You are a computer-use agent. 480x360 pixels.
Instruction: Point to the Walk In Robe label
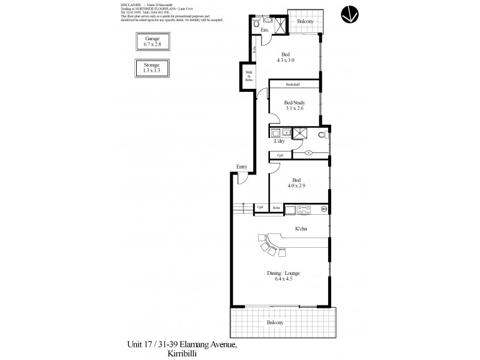click(247, 76)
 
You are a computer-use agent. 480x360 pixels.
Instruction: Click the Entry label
click(242, 167)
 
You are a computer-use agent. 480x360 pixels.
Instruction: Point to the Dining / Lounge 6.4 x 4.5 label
click(283, 276)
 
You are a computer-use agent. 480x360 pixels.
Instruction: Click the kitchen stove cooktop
click(303, 209)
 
